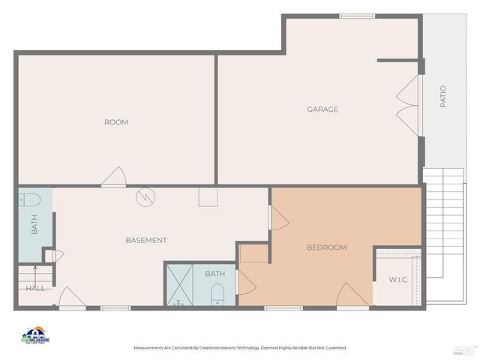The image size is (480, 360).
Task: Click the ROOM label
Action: tap(115, 122)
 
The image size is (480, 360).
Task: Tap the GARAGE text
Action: tap(322, 109)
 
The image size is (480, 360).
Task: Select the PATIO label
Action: tap(442, 97)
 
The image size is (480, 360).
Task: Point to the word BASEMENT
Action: tap(145, 240)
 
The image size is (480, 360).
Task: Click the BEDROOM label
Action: tap(326, 247)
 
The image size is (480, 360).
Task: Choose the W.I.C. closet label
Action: tap(397, 280)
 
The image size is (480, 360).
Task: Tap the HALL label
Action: tap(35, 288)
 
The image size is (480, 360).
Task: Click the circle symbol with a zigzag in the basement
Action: tap(145, 197)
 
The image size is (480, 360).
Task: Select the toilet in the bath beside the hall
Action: tap(31, 199)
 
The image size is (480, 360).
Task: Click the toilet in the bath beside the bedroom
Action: tap(217, 293)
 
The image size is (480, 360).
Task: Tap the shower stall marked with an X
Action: tap(179, 285)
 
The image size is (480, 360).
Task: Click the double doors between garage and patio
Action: tap(409, 105)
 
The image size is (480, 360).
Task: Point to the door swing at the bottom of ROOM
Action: tap(114, 177)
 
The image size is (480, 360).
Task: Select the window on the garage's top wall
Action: tap(357, 16)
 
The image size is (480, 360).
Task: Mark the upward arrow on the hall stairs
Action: tap(34, 272)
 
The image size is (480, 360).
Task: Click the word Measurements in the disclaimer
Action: tap(151, 348)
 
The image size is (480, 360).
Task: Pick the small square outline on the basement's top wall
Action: tap(208, 196)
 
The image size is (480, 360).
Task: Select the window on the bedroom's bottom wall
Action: tap(283, 307)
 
